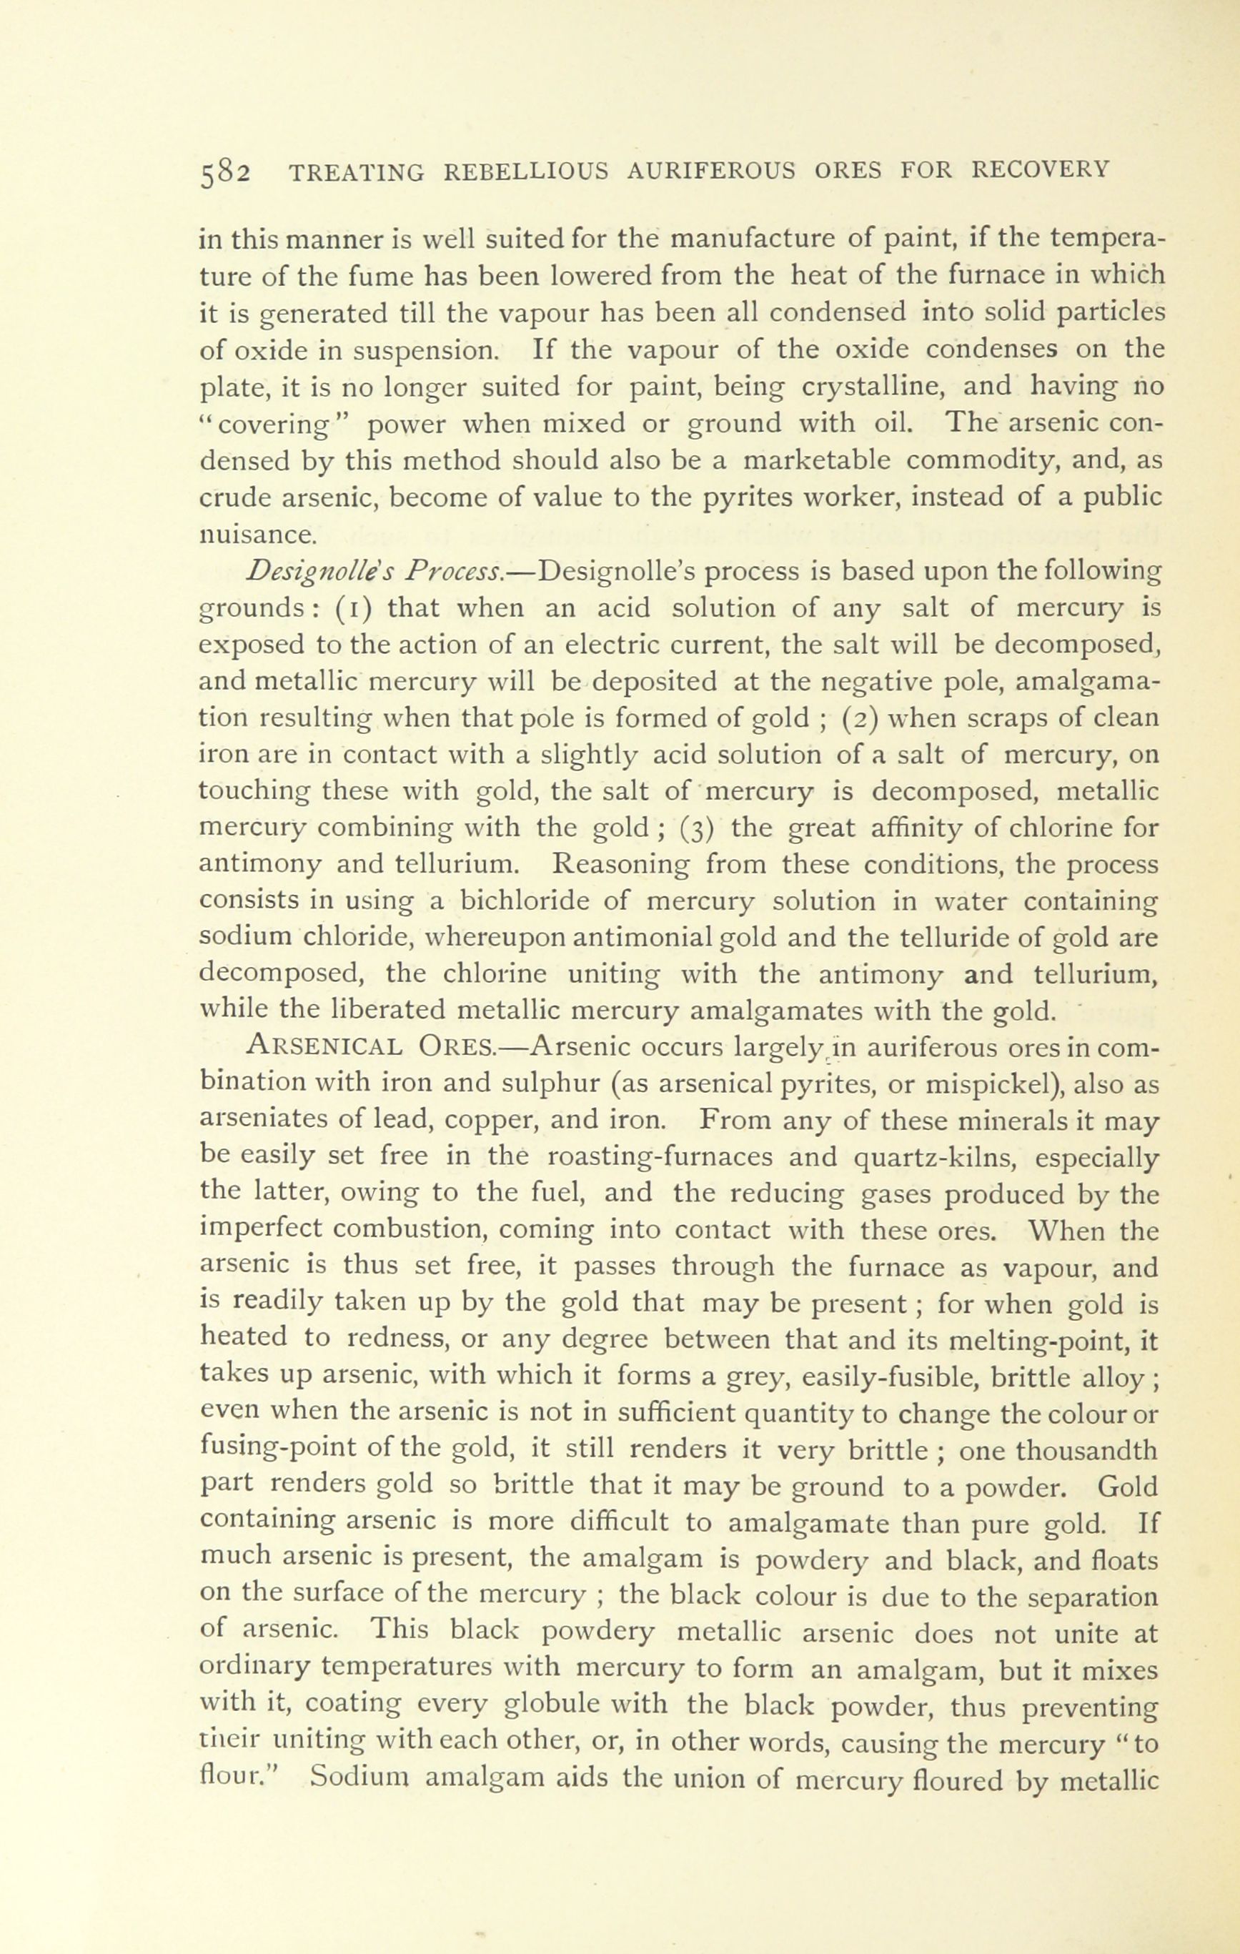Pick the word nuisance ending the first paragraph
(257, 534)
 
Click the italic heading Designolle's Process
(375, 572)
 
